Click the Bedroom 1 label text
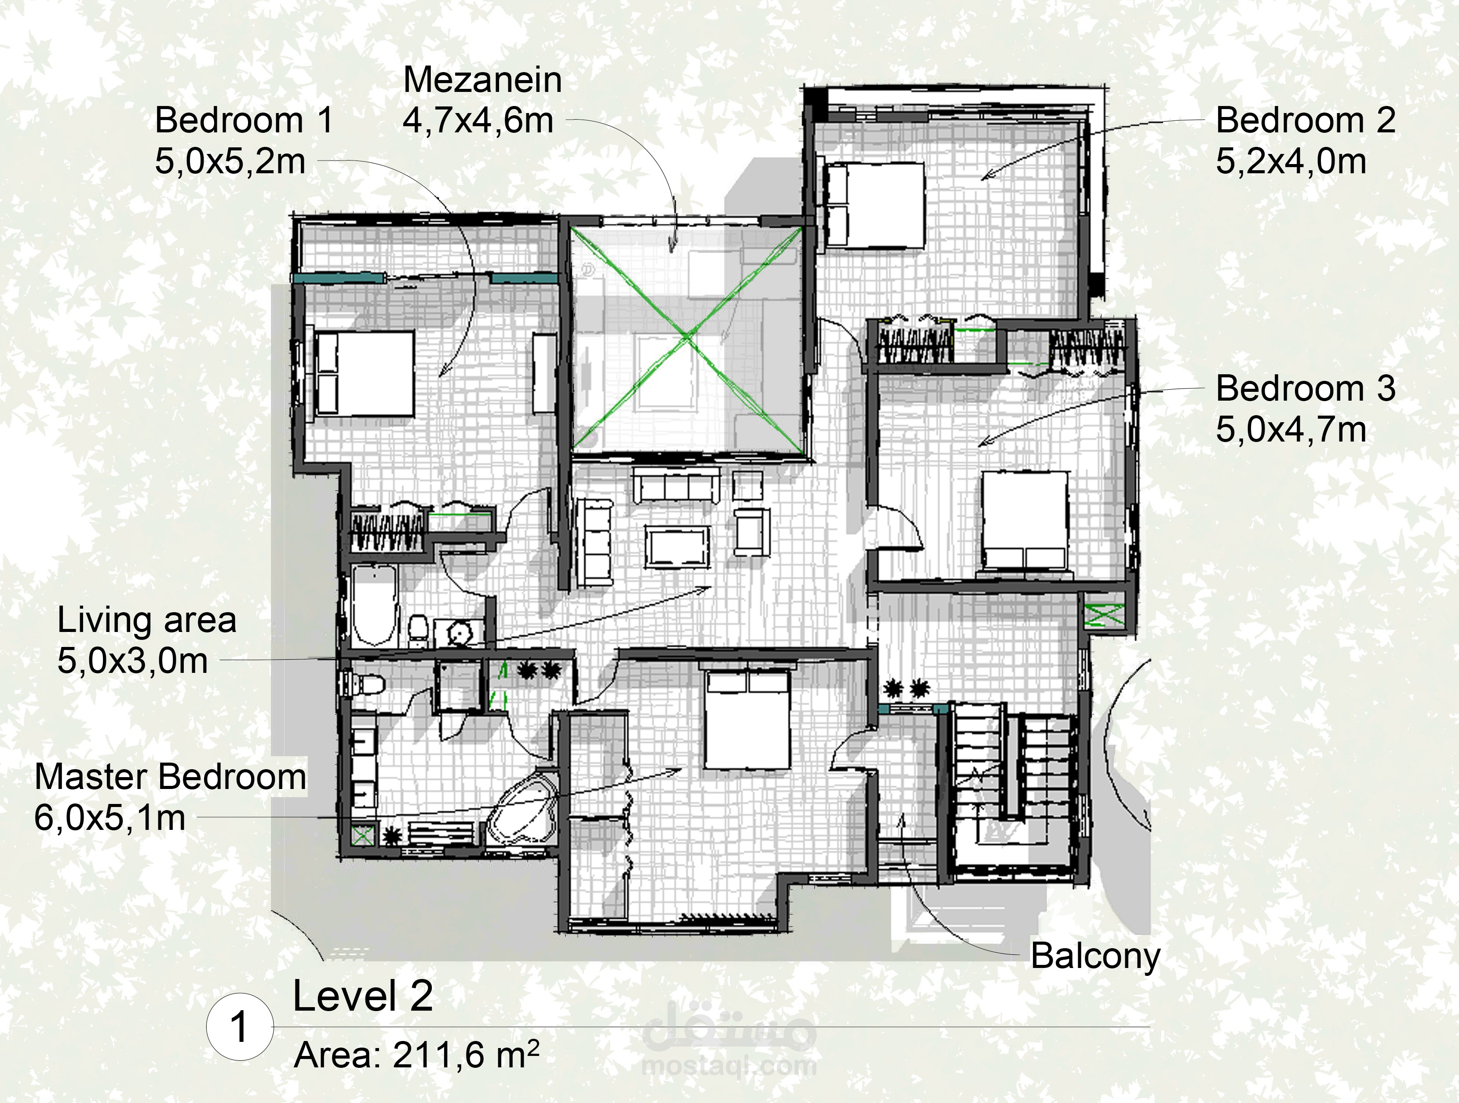(244, 121)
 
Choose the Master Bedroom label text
(170, 777)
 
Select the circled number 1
(239, 1028)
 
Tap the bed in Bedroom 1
(364, 373)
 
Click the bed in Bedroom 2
(874, 205)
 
